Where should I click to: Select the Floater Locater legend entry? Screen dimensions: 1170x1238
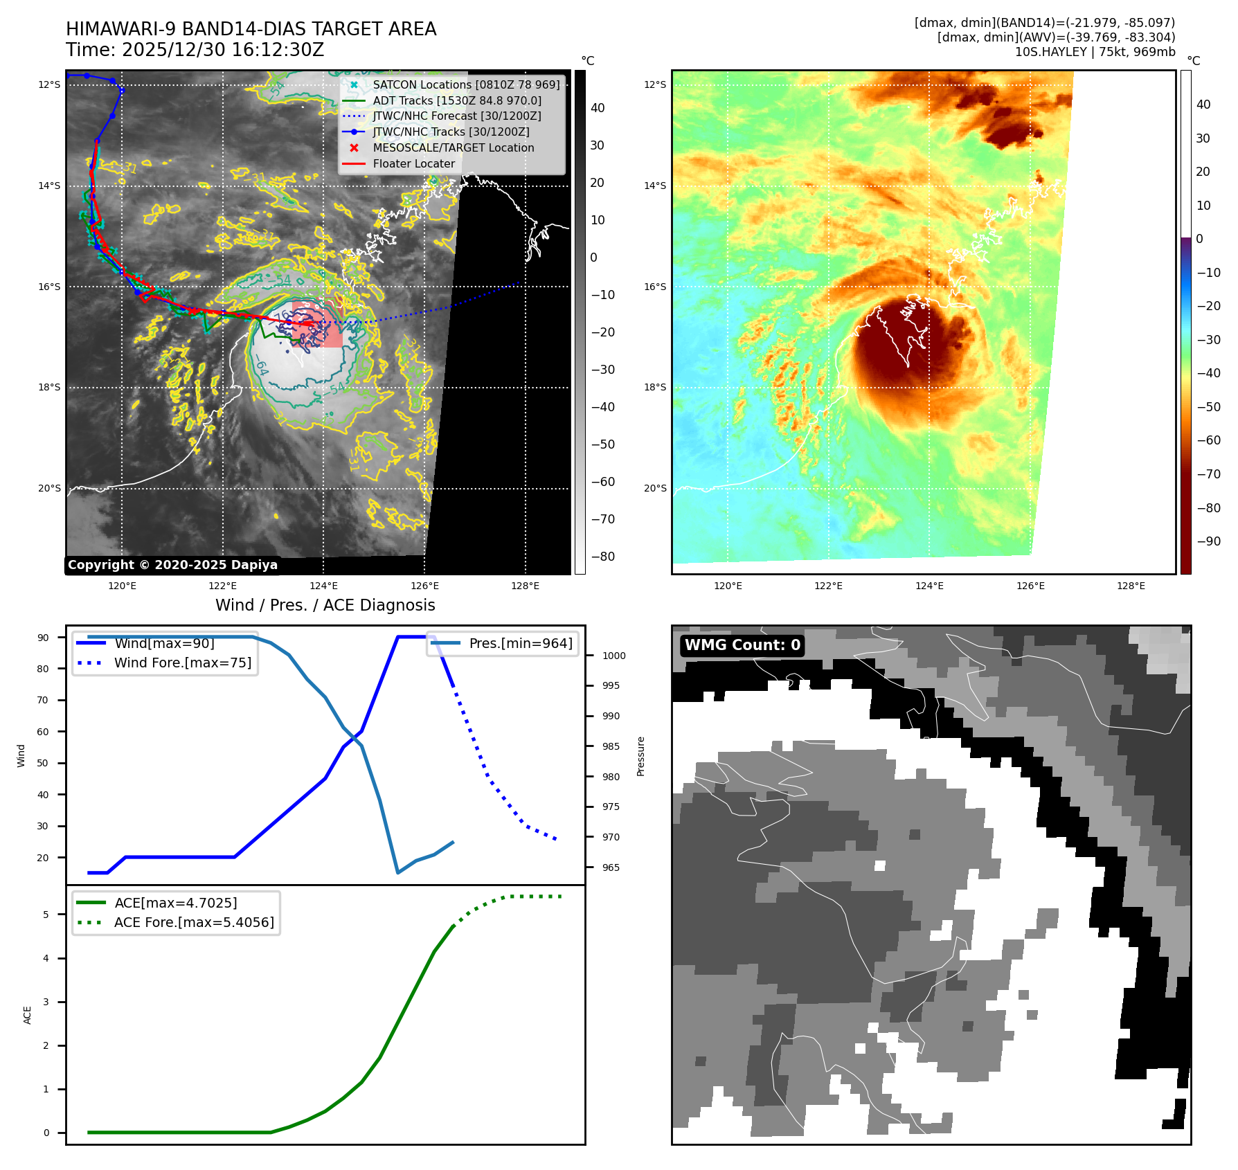[x=413, y=164]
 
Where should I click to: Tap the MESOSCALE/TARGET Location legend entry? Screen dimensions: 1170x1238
[x=453, y=148]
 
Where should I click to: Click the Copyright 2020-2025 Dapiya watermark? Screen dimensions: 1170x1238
[x=172, y=565]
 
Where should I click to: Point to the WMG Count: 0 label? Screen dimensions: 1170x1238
[x=742, y=645]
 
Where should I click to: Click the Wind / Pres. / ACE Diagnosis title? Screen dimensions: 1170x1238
[x=325, y=605]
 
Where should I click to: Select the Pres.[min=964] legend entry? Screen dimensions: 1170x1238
[x=520, y=644]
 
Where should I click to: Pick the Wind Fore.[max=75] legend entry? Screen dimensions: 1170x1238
[x=182, y=663]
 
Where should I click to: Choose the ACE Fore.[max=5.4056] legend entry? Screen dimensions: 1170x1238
[x=194, y=923]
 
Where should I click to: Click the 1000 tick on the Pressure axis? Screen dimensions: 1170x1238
[x=613, y=656]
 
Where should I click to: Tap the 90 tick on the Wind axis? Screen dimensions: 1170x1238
[x=44, y=638]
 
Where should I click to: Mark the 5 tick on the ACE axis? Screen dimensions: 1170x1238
[x=46, y=915]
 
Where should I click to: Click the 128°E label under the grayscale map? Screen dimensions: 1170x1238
[x=526, y=586]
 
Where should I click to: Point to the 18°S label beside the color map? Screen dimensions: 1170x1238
[x=655, y=388]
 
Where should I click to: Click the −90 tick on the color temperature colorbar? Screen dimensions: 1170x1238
[x=1209, y=541]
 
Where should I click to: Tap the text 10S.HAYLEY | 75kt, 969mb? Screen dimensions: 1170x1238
[x=1095, y=52]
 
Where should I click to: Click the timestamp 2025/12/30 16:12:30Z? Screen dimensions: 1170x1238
[x=223, y=50]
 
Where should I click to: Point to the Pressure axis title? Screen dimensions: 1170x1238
[x=641, y=756]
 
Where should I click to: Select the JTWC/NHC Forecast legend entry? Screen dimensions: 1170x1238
[x=456, y=116]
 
